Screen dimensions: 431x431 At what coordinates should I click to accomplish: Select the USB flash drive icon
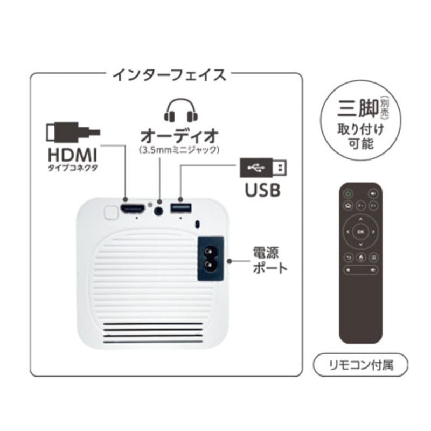coord(263,168)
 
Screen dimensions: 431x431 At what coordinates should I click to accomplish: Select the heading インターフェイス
coord(169,75)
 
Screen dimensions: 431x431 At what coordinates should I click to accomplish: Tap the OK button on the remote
coord(360,231)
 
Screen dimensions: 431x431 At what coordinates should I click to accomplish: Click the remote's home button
coord(348,205)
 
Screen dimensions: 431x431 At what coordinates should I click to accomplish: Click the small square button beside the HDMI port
coord(110,212)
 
